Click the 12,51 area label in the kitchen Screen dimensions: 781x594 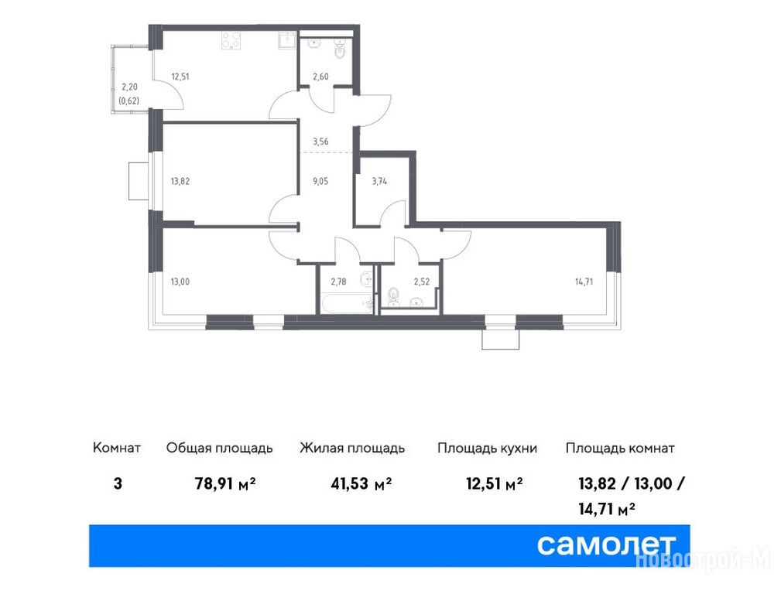coord(180,77)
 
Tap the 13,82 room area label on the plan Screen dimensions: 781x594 coord(180,181)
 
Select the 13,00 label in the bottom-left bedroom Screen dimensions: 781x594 coord(180,282)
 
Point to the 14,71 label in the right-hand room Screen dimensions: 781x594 coord(584,282)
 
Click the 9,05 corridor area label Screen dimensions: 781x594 coord(320,181)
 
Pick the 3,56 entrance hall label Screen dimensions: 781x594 coord(320,142)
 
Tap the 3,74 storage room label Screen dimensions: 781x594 coord(379,181)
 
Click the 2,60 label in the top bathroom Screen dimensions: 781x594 coord(320,77)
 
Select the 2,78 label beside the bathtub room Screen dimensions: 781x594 coord(338,282)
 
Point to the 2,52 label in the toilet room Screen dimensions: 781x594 coord(421,282)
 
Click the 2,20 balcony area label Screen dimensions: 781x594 coord(129,87)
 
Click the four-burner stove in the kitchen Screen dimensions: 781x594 coord(231,40)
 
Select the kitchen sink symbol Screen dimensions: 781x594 coord(287,40)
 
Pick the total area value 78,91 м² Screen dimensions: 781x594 coord(225,483)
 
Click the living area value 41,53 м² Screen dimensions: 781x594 coord(361,483)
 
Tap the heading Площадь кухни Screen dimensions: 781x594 coord(487,448)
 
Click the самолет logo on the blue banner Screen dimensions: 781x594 coord(605,545)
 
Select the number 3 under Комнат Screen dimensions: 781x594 coord(118,483)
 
